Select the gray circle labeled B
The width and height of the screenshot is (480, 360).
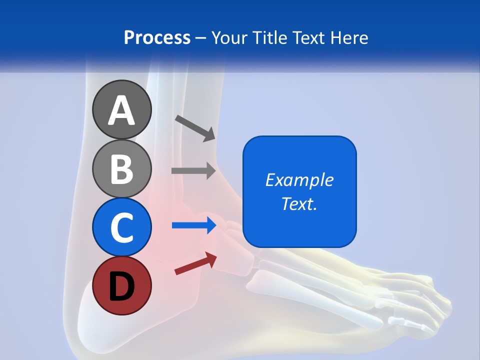pos(122,168)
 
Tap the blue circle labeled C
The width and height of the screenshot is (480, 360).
pos(122,227)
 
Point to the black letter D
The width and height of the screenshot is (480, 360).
pos(122,287)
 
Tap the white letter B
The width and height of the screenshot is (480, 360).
pos(122,169)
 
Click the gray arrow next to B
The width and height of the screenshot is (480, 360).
pos(193,171)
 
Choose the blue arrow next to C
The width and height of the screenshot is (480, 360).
pos(194,225)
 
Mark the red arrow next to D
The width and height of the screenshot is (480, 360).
pos(195,263)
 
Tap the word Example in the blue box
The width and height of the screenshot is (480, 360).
pos(299,180)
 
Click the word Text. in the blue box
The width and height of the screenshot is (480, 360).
pos(299,203)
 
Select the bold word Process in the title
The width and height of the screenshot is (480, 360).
pos(157,37)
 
